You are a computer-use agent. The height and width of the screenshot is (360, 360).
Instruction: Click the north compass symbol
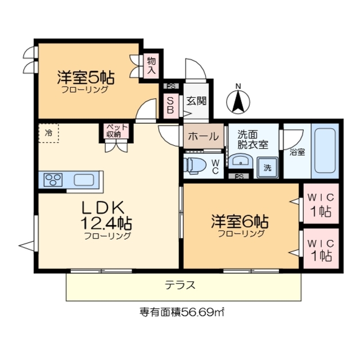click(238, 100)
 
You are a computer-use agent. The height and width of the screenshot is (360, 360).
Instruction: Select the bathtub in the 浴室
click(325, 151)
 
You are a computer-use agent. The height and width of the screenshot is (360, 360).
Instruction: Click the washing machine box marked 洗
click(267, 168)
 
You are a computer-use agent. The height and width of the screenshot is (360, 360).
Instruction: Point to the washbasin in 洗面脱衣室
click(241, 162)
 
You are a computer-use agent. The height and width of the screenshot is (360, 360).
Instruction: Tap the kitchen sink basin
click(83, 180)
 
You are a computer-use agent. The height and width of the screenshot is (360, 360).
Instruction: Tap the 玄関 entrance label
click(197, 101)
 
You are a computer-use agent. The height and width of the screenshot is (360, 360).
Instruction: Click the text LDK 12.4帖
click(107, 217)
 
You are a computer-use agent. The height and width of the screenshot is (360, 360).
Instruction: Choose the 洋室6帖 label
click(240, 221)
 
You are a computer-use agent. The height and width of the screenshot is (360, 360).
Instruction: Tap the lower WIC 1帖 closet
click(321, 249)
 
